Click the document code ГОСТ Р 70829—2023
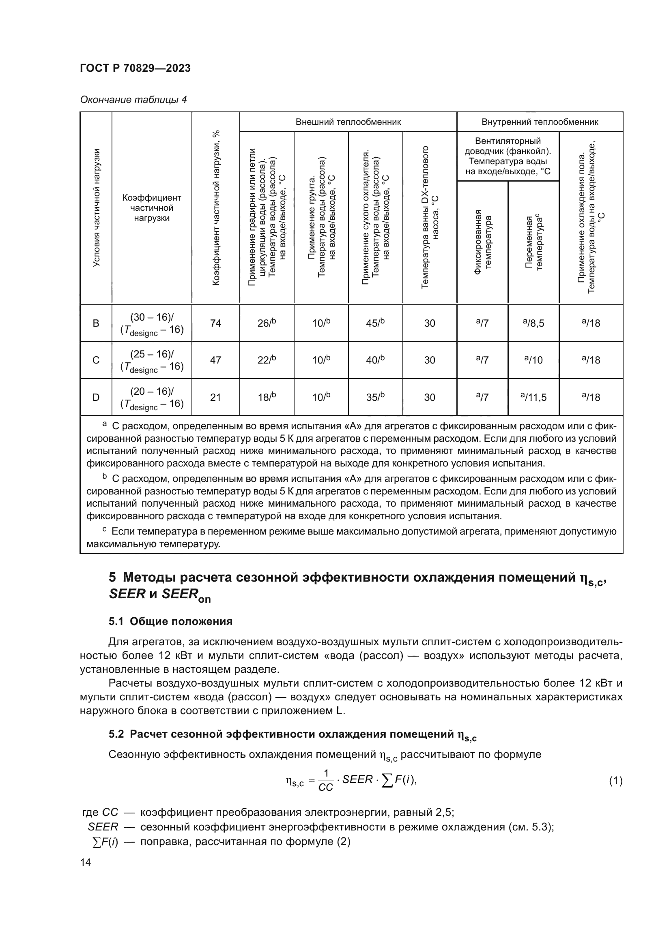[135, 68]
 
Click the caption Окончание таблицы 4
[133, 100]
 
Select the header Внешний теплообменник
[348, 122]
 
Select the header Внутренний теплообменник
[540, 122]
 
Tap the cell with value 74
[215, 323]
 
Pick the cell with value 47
[215, 360]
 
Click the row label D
[96, 397]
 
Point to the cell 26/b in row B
[267, 323]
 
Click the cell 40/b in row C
[375, 360]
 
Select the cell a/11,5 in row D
[533, 397]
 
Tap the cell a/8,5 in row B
[533, 323]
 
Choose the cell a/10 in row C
[533, 360]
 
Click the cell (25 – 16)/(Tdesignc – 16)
[152, 360]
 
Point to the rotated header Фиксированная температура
[483, 242]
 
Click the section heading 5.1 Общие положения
[170, 621]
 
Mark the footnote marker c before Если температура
[105, 530]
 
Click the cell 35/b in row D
[375, 397]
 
